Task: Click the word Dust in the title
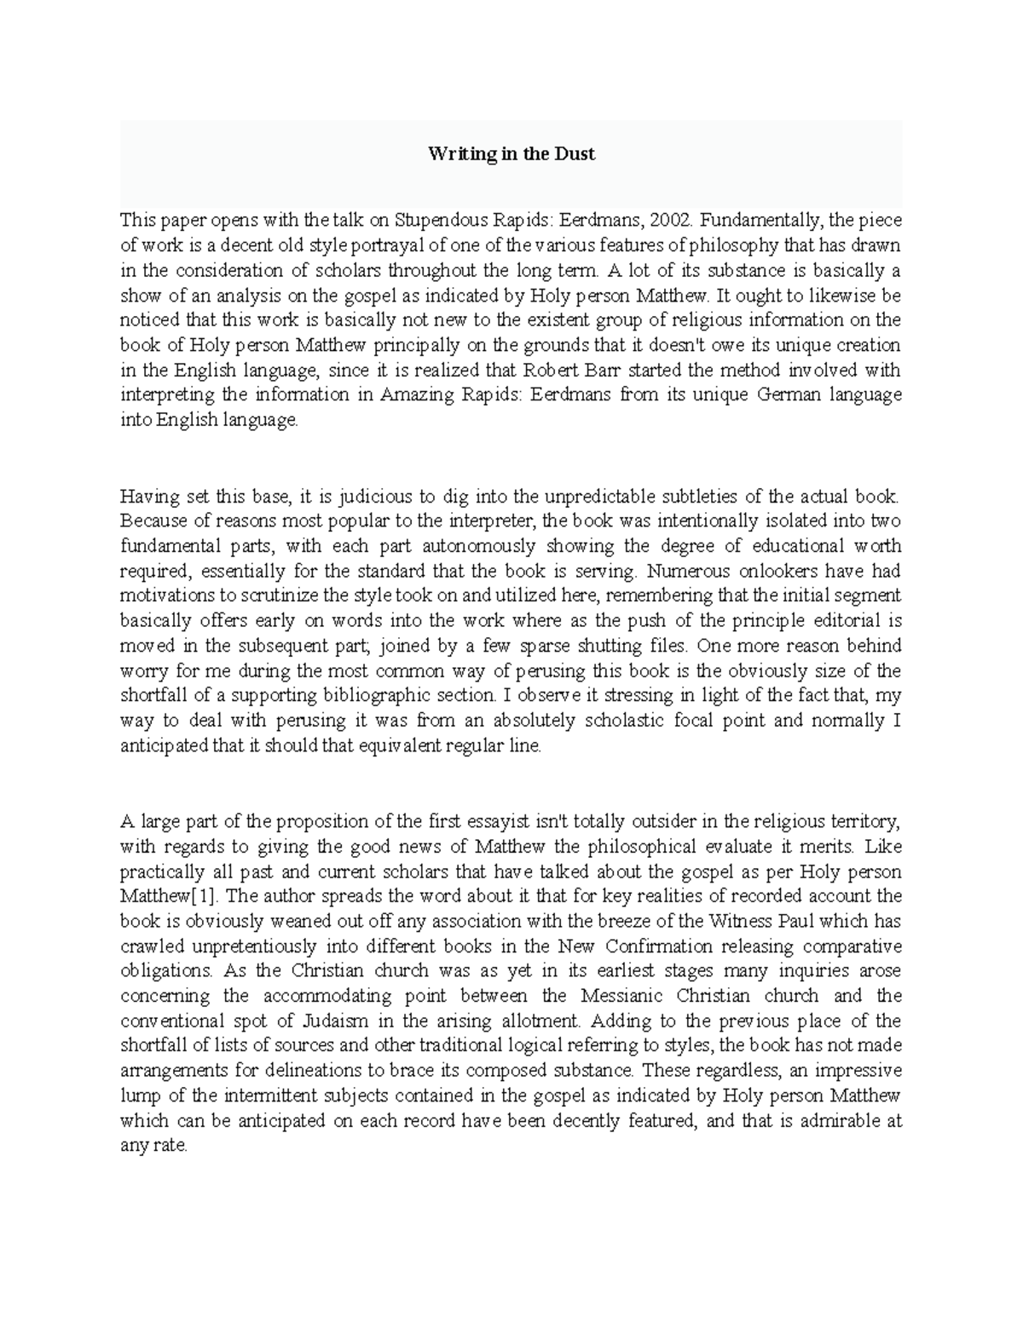[576, 154]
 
